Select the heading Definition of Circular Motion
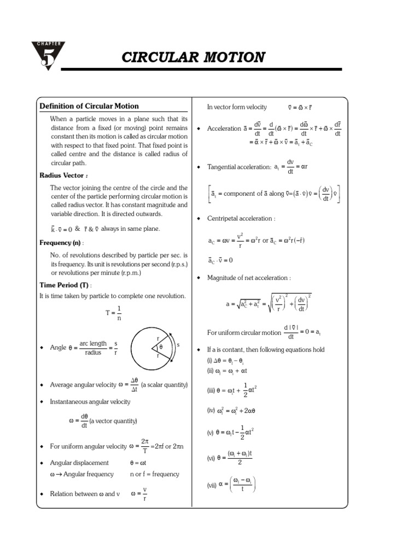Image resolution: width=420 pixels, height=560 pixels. click(89, 106)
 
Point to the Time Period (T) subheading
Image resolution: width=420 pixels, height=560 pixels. click(65, 285)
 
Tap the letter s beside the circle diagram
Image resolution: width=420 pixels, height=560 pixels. click(178, 345)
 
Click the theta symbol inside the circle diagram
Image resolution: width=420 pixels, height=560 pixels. click(161, 347)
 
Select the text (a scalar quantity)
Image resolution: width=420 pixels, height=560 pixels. click(164, 385)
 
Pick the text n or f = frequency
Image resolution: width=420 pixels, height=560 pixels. click(155, 474)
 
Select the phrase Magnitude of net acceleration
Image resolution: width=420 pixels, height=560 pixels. click(249, 278)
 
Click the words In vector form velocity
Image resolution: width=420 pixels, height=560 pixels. click(237, 107)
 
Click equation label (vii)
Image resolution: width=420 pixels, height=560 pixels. click(212, 485)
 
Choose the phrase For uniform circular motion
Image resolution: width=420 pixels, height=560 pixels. click(243, 332)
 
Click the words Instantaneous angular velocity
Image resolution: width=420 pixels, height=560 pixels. click(90, 402)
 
